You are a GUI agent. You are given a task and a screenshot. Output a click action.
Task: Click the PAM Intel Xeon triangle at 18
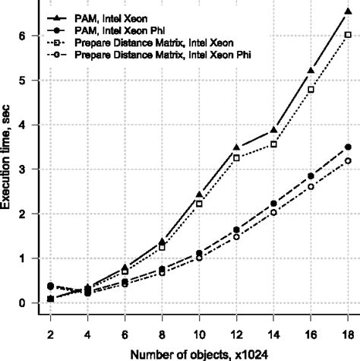[x=348, y=11]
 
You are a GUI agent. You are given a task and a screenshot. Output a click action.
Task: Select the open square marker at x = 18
[x=348, y=35]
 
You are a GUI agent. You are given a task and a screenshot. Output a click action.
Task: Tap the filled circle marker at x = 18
[x=348, y=147]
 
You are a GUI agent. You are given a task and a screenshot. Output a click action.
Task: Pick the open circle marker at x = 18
[x=348, y=160]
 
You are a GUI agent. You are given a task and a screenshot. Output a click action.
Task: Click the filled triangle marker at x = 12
[x=236, y=147]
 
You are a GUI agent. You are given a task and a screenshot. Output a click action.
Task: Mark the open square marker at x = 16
[x=311, y=89]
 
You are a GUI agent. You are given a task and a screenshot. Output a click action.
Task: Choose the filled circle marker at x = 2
[x=50, y=286]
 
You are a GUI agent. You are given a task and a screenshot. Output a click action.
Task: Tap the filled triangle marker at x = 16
[x=311, y=71]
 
